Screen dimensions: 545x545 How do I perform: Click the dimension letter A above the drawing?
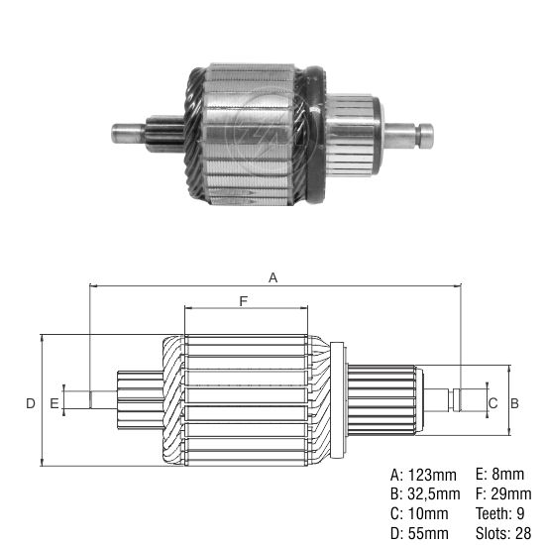[x=273, y=278]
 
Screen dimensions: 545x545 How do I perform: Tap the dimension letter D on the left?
[x=31, y=402]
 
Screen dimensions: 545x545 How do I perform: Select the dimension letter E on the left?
[x=54, y=402]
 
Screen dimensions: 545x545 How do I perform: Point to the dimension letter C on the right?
[x=492, y=402]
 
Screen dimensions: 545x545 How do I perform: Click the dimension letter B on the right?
[x=514, y=402]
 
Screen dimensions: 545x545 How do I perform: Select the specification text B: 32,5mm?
[x=426, y=493]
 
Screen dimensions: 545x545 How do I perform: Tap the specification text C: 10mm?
[x=420, y=513]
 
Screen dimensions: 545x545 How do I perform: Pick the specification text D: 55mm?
[x=420, y=534]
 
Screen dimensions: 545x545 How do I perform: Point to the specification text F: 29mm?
[x=504, y=493]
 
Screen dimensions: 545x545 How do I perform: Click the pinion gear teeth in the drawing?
[x=139, y=400]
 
